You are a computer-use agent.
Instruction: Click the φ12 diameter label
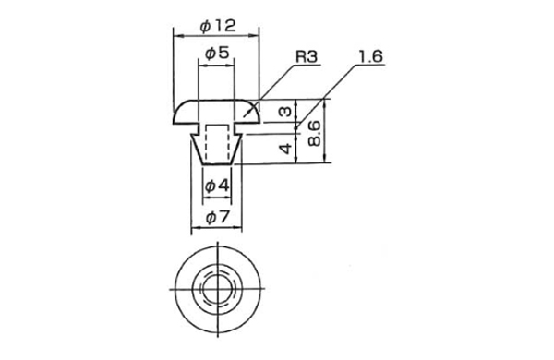[x=217, y=26]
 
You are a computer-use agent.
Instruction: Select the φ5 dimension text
[x=217, y=54]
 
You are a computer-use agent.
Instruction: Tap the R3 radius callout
[x=307, y=56]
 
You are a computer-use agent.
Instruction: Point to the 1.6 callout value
[x=370, y=56]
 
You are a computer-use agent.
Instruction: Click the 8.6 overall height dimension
[x=314, y=133]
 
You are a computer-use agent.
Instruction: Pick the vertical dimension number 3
[x=284, y=112]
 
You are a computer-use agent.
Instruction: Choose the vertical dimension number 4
[x=286, y=149]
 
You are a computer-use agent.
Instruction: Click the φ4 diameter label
[x=217, y=186]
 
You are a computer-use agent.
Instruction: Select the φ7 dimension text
[x=217, y=218]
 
